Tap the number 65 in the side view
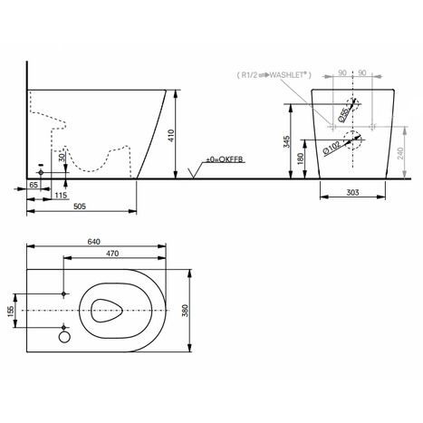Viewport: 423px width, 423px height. tap(33, 184)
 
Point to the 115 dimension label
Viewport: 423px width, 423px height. tap(60, 195)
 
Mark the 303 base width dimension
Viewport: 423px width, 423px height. tap(353, 191)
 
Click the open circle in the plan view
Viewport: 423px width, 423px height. tap(64, 338)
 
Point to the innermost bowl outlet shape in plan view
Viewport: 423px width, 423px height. tap(107, 310)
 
